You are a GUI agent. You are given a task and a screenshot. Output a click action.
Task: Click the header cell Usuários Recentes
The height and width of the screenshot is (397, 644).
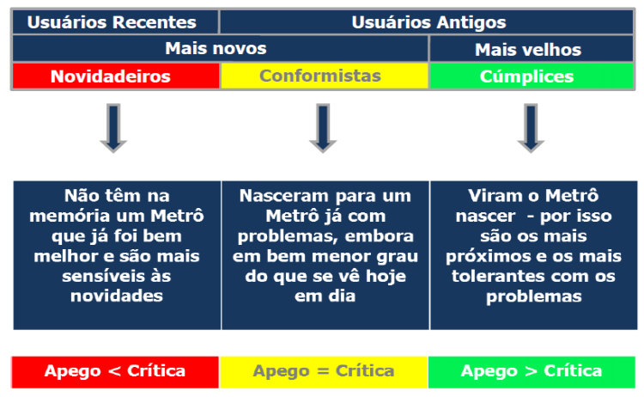115,22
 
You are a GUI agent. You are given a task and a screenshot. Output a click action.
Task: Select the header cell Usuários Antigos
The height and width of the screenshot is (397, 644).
427,22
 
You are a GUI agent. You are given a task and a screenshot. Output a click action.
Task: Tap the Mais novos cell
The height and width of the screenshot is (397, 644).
221,48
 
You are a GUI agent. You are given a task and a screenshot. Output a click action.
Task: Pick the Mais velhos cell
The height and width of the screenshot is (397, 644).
532,49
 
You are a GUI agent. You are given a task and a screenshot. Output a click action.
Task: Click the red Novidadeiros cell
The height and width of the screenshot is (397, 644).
116,76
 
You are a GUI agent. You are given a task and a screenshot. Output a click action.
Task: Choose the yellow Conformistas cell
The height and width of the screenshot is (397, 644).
325,76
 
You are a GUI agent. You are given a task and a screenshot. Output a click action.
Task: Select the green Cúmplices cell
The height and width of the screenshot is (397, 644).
532,76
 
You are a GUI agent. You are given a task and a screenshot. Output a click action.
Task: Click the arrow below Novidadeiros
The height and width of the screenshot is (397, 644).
113,128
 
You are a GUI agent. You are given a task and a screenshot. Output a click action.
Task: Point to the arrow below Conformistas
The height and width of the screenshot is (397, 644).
323,128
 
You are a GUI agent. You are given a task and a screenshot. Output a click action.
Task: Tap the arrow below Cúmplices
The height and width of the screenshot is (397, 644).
531,128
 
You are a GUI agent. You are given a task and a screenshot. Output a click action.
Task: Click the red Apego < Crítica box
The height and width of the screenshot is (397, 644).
115,372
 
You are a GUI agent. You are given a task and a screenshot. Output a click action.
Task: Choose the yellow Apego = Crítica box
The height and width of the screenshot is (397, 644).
324,372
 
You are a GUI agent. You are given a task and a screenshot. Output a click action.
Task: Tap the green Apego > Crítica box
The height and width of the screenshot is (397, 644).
532,372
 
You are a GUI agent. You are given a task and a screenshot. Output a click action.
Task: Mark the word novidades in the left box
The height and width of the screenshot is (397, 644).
117,296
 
